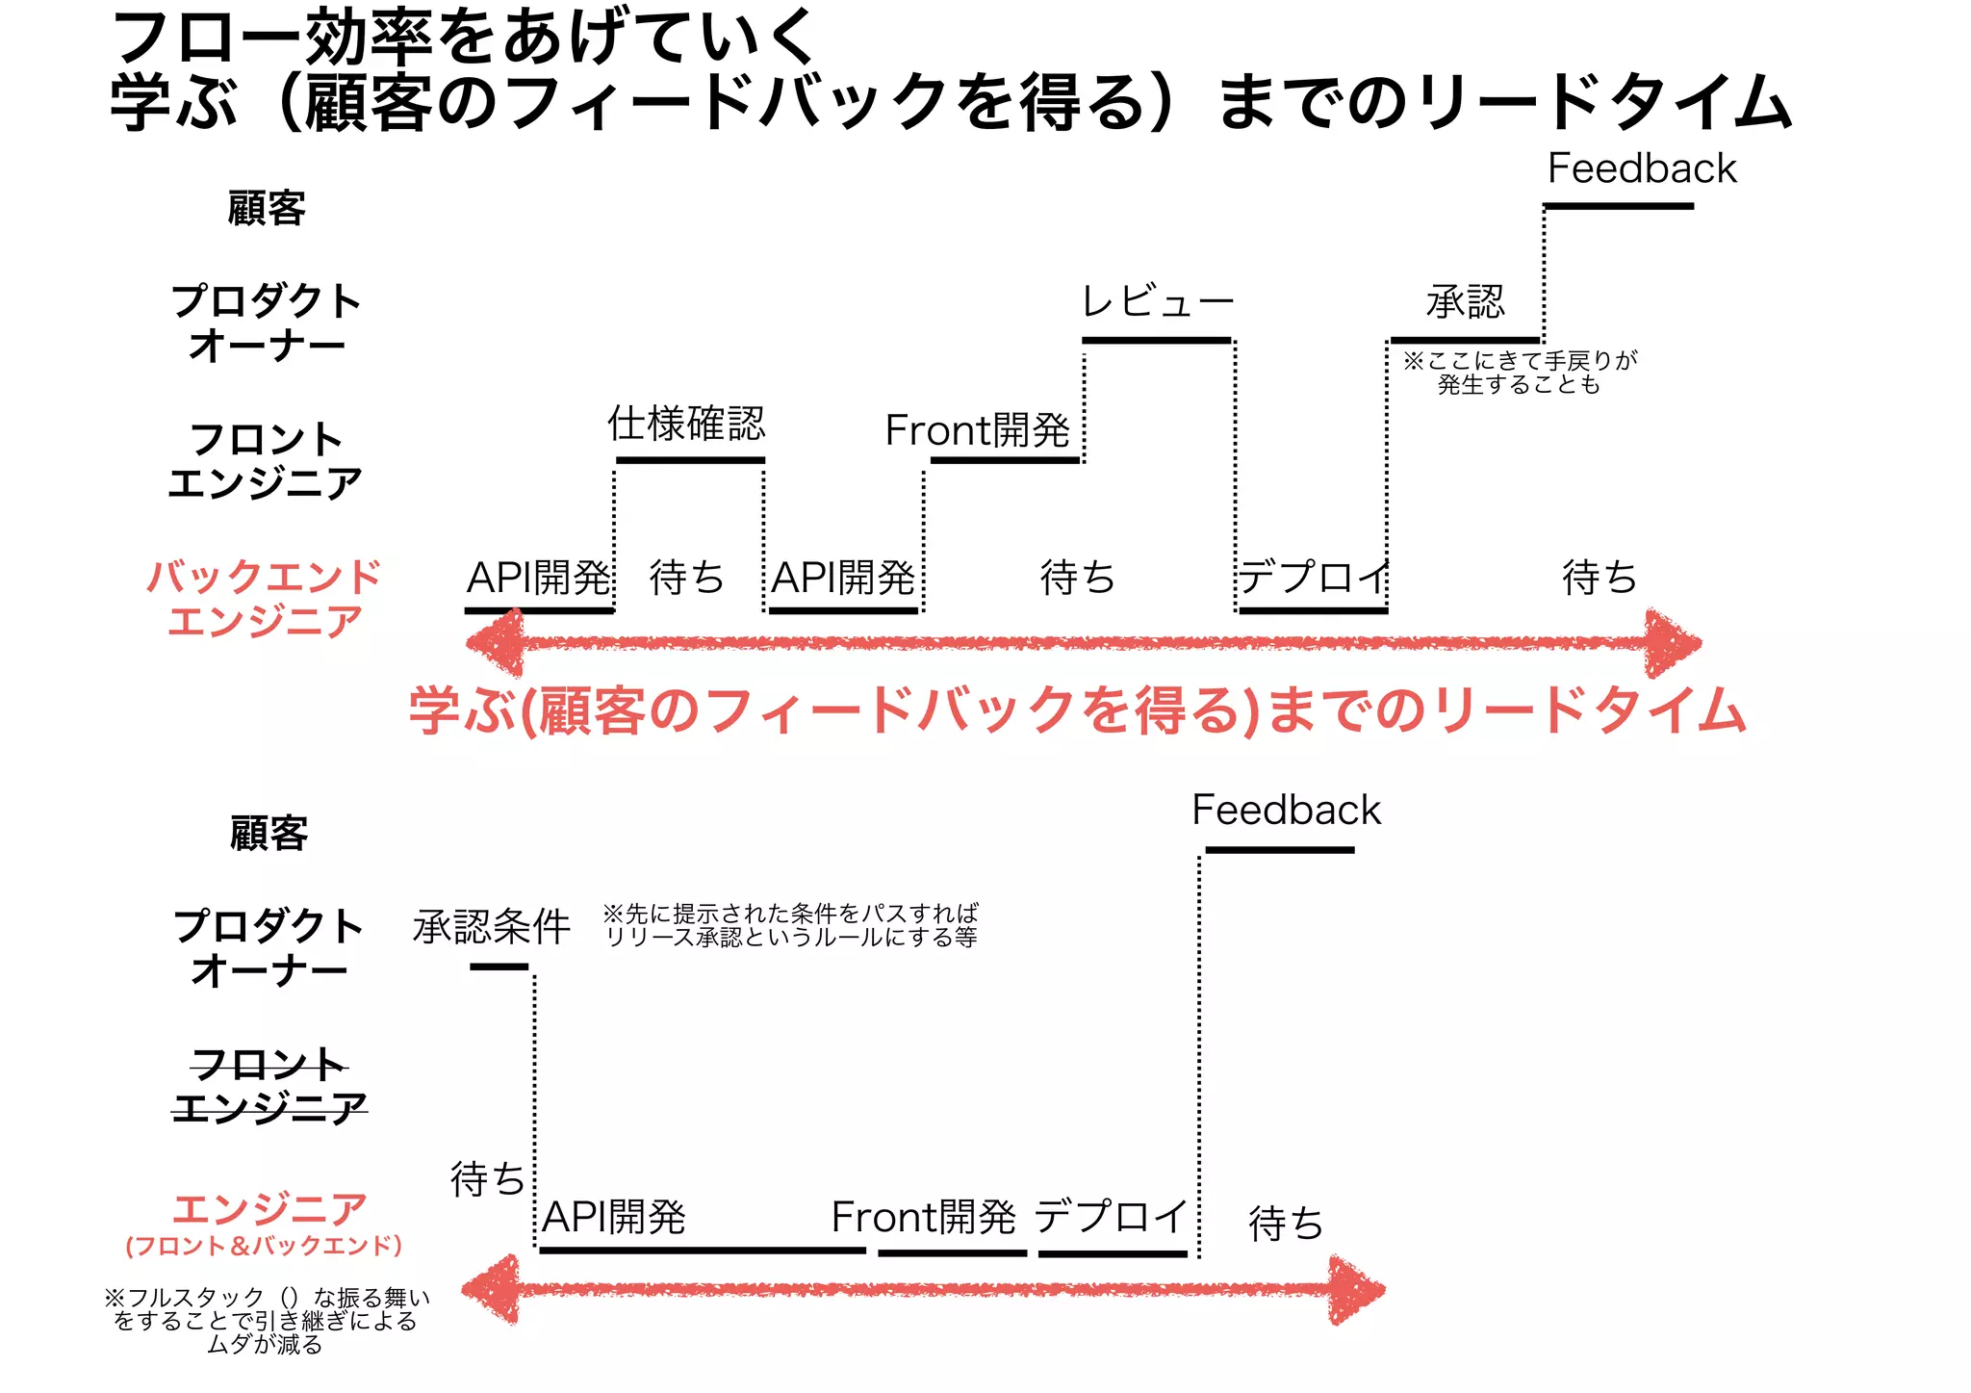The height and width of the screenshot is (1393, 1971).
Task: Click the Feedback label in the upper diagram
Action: [1641, 169]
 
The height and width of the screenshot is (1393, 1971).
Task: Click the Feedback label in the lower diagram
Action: [1286, 811]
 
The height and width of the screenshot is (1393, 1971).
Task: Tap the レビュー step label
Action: [1158, 302]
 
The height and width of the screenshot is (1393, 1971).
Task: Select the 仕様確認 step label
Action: [686, 424]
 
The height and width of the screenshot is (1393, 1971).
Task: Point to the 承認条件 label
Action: [492, 927]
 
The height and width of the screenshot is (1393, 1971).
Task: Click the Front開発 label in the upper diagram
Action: [977, 430]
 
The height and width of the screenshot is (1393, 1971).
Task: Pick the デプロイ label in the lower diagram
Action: [1112, 1217]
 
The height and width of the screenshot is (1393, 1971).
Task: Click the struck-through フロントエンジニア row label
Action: [269, 1086]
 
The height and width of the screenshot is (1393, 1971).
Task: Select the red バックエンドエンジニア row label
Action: [265, 599]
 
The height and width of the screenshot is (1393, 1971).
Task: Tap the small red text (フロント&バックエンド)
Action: [264, 1246]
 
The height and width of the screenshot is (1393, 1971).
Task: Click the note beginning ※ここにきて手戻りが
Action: [1520, 373]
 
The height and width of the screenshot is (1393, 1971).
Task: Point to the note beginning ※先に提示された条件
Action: [791, 925]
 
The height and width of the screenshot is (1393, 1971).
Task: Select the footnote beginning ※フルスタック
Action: [267, 1321]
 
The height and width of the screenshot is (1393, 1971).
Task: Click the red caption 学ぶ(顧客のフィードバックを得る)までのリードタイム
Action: [1077, 712]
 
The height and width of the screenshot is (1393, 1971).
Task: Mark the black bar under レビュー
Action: [1156, 340]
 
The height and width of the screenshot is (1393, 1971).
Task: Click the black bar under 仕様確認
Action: [690, 460]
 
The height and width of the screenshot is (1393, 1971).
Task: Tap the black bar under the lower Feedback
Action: [1279, 850]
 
